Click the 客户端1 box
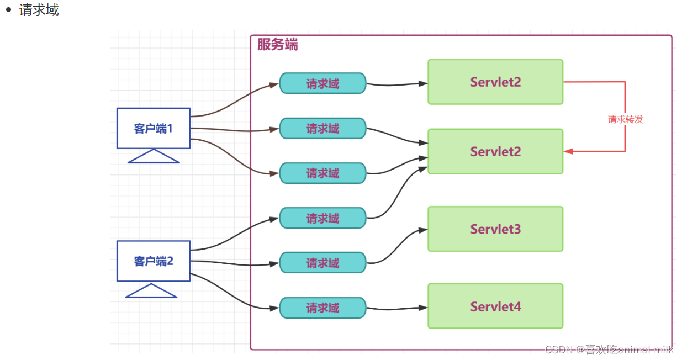tap(154, 128)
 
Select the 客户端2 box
tap(154, 261)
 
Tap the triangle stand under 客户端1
tap(154, 157)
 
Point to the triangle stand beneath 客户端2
tap(151, 291)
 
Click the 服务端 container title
tap(277, 45)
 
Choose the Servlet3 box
tap(495, 229)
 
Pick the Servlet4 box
tap(495, 306)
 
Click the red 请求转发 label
tap(625, 119)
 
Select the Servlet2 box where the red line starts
tap(495, 82)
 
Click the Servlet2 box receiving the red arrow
tap(495, 151)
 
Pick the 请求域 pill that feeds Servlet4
tap(323, 308)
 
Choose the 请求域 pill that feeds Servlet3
tap(323, 263)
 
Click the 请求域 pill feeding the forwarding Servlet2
tap(323, 83)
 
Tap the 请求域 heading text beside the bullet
tap(39, 10)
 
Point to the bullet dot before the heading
tap(8, 10)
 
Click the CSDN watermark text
tap(609, 349)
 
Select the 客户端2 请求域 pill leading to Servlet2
tap(323, 218)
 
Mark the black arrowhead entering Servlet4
tap(424, 308)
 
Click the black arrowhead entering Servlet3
tap(424, 229)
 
